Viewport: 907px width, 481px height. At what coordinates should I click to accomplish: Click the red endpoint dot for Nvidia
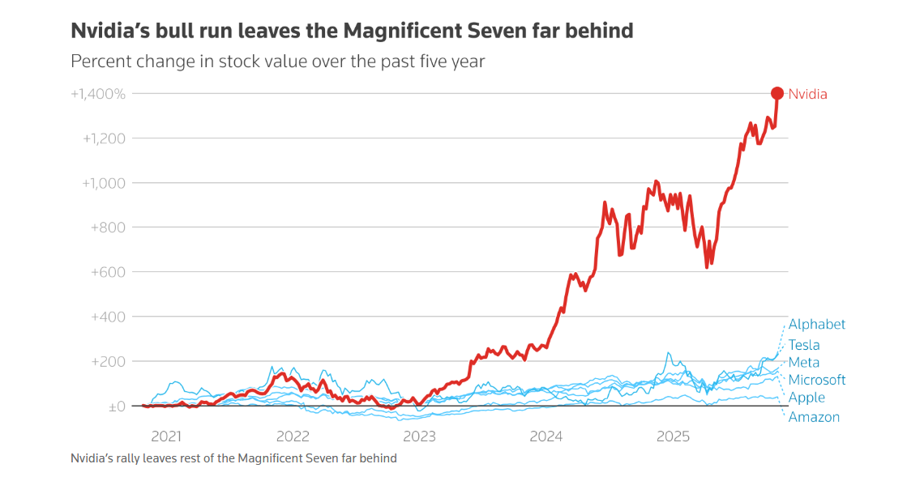(777, 93)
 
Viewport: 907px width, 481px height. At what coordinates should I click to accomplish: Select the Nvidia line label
(807, 94)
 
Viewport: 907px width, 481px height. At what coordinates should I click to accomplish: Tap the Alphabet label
(817, 324)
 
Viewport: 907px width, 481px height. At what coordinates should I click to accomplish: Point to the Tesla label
(804, 345)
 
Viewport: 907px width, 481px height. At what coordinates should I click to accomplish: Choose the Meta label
(804, 362)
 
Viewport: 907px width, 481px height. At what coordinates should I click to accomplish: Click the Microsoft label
(817, 380)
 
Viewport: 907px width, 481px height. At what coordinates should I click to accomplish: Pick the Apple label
(806, 398)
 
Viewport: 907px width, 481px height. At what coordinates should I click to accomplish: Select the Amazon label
(814, 417)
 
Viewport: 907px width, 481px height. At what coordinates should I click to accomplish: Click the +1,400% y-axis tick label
(98, 94)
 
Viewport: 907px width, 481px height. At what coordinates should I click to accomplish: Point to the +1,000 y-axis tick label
(105, 183)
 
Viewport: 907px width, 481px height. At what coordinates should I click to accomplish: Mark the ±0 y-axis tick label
(117, 407)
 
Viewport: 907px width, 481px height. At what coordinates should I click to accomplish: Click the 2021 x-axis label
(166, 436)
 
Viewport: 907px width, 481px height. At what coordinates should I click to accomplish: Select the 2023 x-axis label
(420, 436)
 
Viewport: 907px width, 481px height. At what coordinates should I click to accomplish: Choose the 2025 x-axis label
(673, 436)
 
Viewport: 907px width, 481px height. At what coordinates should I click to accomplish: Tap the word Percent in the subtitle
(100, 62)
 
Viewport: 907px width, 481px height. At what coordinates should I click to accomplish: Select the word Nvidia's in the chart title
(109, 31)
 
